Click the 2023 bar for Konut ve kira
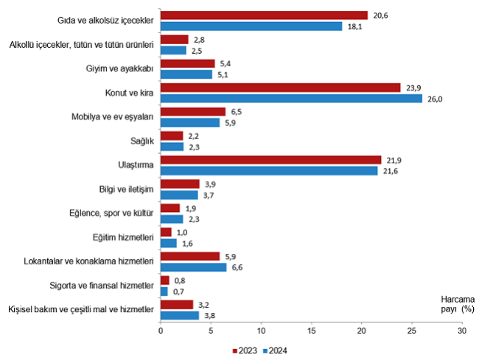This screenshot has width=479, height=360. click(280, 88)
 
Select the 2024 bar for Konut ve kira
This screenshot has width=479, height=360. click(291, 99)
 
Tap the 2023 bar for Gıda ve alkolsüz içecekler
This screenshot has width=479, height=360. click(264, 15)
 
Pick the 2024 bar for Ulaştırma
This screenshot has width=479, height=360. click(269, 171)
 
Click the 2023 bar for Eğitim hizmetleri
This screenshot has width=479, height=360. click(166, 232)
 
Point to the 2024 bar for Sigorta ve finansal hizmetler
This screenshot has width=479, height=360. click(164, 292)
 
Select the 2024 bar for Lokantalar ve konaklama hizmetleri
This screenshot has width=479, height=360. click(193, 267)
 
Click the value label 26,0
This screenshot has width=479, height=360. click(435, 99)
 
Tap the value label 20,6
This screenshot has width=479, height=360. click(380, 15)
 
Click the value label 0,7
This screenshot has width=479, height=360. click(178, 292)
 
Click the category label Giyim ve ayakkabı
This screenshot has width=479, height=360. click(119, 69)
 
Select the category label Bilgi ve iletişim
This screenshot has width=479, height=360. click(125, 189)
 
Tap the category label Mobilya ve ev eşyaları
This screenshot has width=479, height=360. click(111, 117)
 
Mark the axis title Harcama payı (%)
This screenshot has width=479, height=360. click(458, 304)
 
